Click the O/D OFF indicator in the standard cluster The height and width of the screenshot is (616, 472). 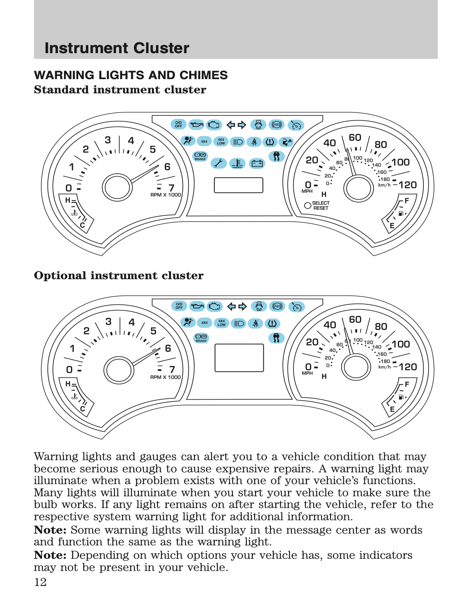coord(178,125)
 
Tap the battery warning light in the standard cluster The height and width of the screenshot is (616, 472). coord(257,164)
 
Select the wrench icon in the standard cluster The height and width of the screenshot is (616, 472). coord(218,163)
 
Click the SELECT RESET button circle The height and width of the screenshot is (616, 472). coord(308,205)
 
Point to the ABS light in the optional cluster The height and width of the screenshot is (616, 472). coord(277,306)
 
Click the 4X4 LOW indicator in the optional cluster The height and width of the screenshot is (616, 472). coord(222,323)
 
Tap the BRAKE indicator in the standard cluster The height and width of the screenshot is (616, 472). coord(200,156)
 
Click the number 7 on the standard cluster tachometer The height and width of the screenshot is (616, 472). coord(171,187)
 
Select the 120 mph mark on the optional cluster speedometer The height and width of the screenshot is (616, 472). coord(408,367)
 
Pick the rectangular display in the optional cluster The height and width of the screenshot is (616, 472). coord(239,358)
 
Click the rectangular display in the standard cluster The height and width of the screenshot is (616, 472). coord(239,185)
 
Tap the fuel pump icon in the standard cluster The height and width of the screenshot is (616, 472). coord(401,213)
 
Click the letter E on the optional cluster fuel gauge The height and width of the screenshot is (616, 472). coord(392,409)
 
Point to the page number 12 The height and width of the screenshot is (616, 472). coord(40,582)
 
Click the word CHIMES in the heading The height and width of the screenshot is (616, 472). coord(203,75)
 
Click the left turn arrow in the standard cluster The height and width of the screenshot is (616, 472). coord(231,125)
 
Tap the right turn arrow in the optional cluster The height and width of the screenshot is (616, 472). coord(243,306)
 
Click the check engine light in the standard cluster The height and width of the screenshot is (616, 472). coord(214,125)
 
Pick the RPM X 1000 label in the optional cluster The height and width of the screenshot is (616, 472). coord(165,377)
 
